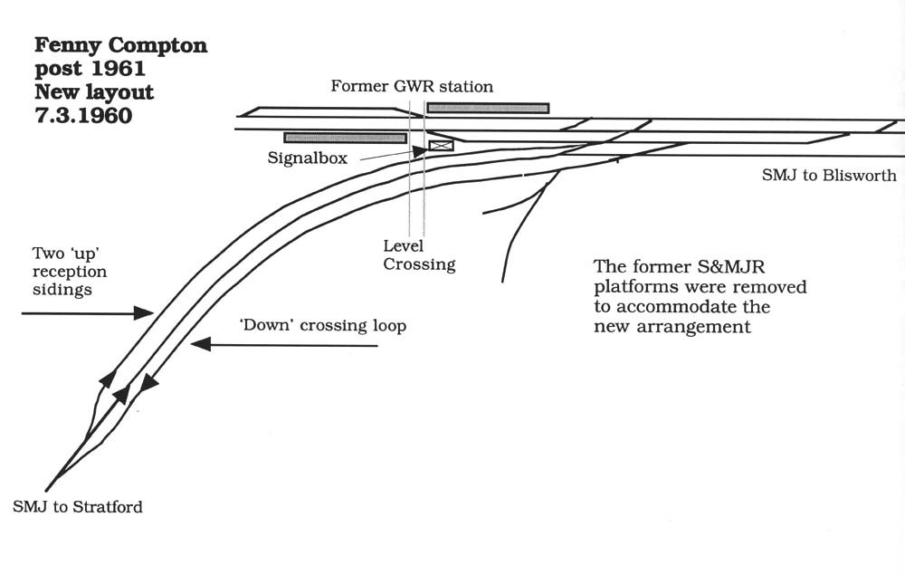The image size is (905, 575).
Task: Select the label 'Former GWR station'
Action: point(412,87)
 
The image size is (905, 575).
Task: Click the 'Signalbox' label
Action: point(308,158)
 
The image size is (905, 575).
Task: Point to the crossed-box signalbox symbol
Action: point(441,145)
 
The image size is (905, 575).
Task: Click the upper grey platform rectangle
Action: point(488,108)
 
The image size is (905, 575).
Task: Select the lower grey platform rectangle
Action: point(345,138)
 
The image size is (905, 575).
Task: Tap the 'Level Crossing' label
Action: point(419,255)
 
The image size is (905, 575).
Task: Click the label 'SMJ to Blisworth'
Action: point(829,176)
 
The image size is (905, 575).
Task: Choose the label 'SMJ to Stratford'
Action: point(78,507)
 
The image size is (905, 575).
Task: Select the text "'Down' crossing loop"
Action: point(322,326)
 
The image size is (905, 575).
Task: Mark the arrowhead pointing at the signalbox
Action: point(421,151)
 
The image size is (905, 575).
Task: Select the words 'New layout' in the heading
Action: point(94,91)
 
